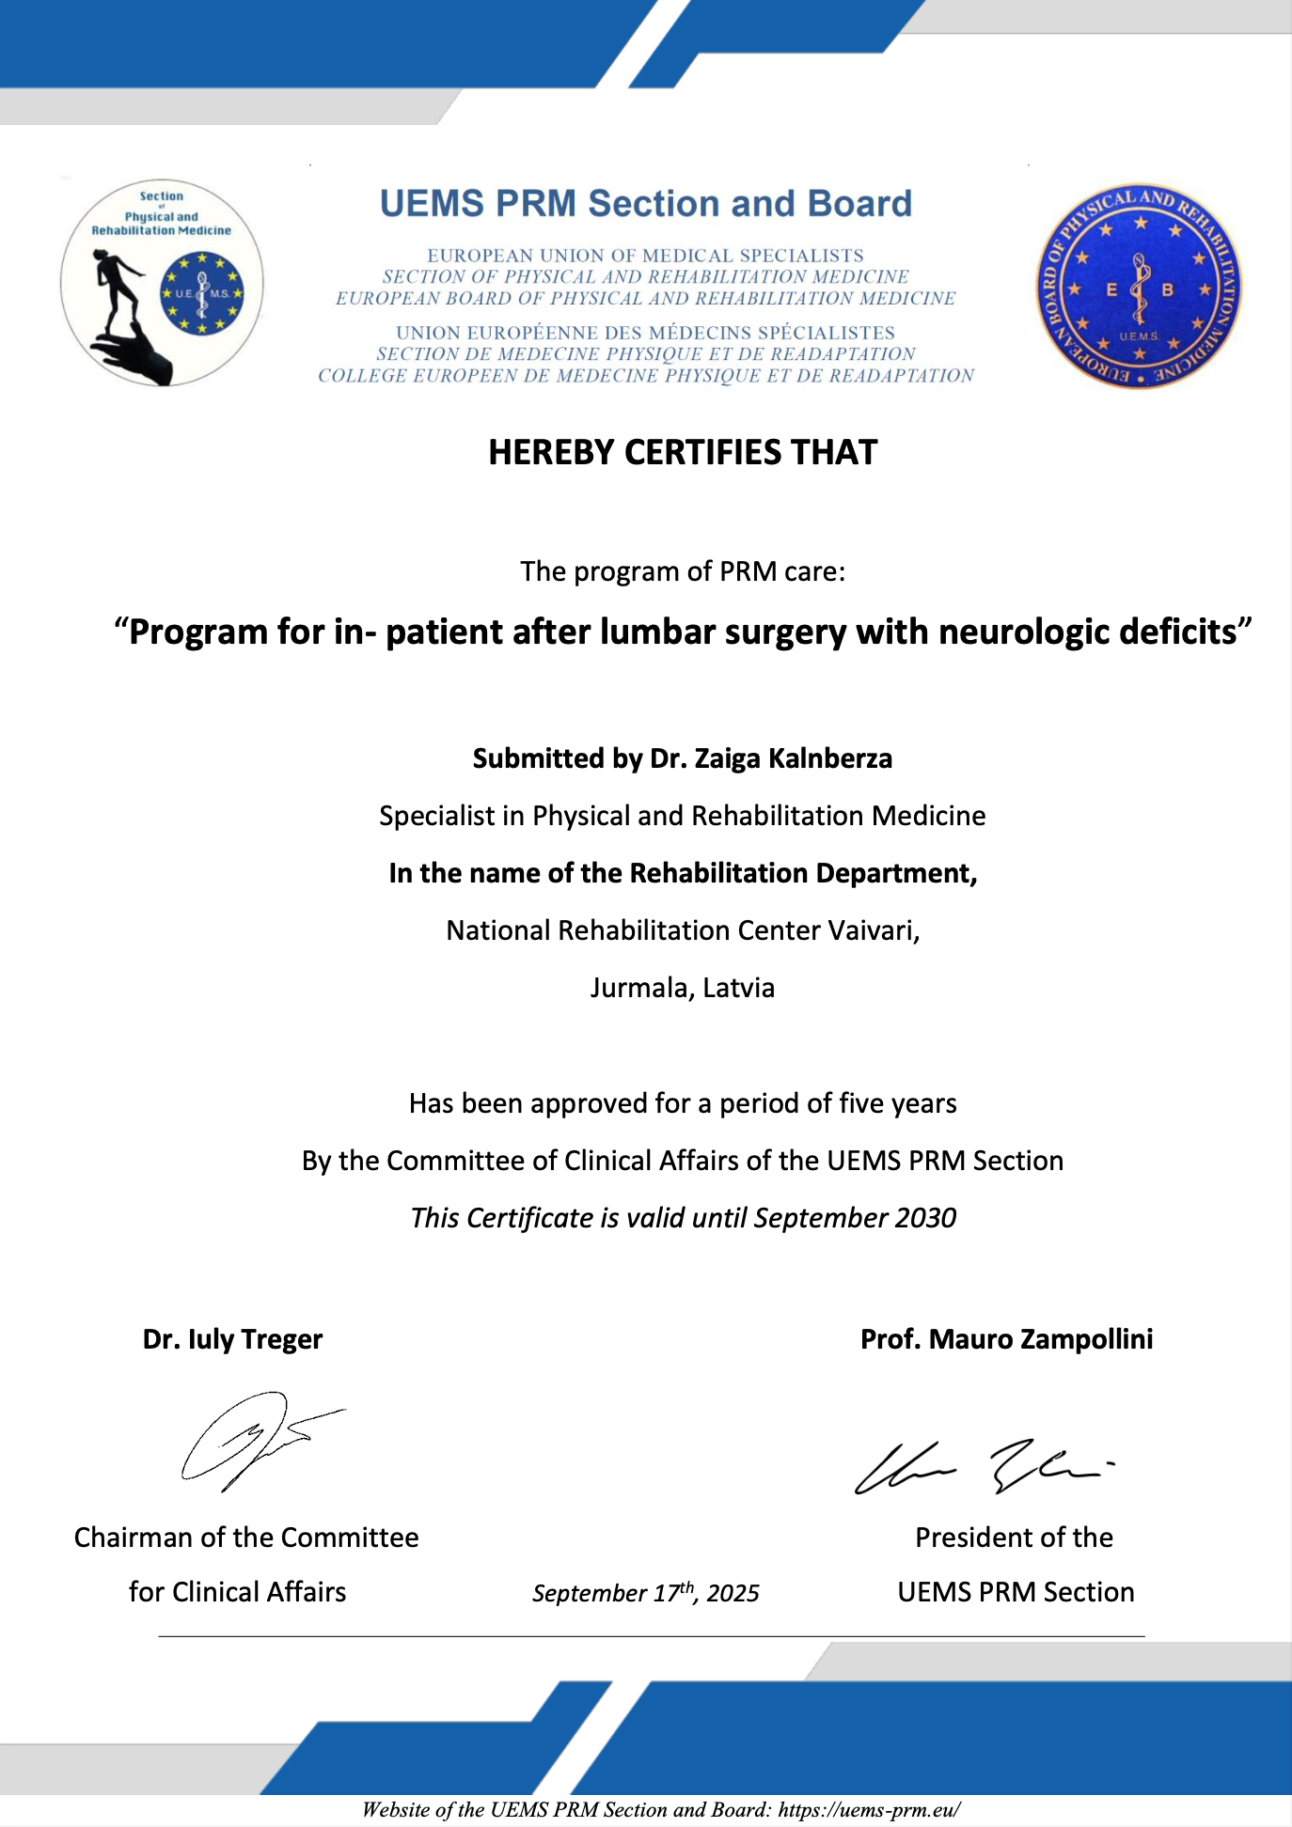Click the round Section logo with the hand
pos(162,283)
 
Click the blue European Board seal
pos(1139,286)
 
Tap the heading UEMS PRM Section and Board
pos(646,204)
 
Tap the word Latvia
pos(739,988)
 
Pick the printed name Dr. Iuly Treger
pos(232,1339)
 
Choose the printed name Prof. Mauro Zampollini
pos(1006,1339)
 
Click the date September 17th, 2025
pos(646,1593)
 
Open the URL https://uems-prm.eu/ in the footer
pos(869,1810)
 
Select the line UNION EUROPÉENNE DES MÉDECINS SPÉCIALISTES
pos(645,333)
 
